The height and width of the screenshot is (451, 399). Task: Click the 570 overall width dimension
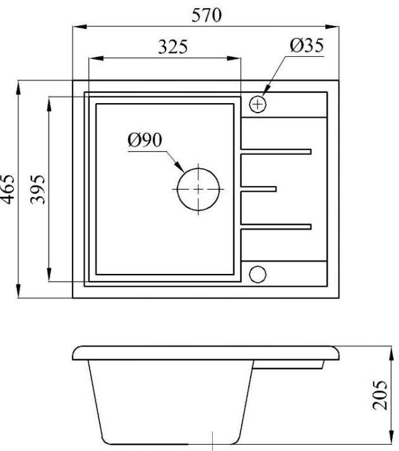point(206,15)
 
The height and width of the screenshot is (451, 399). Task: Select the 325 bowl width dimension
point(173,47)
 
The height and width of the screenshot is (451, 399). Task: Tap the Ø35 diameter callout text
point(307,46)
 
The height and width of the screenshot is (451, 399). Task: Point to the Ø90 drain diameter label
point(145,140)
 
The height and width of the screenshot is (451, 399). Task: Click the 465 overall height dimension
point(8,189)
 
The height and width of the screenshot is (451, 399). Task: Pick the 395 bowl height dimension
point(38,189)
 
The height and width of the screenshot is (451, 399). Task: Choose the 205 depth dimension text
point(379,395)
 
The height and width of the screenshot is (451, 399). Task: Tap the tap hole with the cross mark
point(258,104)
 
